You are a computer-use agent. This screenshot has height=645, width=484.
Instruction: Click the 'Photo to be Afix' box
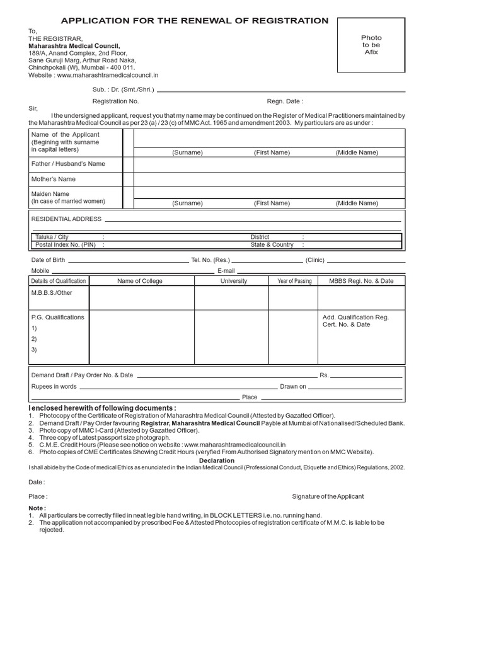371,45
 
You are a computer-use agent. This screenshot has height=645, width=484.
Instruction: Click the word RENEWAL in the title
207,21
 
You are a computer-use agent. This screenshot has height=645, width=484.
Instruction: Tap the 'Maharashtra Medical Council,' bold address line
74,46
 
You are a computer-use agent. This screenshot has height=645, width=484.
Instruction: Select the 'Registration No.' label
115,101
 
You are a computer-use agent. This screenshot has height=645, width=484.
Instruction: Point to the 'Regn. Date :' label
285,101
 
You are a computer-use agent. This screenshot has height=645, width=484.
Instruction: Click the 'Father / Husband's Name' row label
68,164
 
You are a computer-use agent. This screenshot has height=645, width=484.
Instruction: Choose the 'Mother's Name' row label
54,180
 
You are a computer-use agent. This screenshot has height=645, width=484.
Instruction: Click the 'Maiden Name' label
50,194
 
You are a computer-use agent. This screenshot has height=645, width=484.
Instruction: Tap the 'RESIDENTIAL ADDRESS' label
66,219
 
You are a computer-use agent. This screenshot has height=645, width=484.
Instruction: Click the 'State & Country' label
272,244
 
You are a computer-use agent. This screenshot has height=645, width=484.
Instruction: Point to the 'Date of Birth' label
48,260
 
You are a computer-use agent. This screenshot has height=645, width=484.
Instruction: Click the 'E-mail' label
226,270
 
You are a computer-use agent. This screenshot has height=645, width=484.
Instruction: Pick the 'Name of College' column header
140,281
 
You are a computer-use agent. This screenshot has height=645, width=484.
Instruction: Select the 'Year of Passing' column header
294,281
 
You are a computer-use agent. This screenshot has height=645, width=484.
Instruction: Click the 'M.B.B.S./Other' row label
52,293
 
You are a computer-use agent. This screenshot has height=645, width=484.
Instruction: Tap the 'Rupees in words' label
54,386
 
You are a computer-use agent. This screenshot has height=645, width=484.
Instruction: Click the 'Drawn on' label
294,386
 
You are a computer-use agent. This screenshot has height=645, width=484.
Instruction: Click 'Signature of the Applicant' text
328,496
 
